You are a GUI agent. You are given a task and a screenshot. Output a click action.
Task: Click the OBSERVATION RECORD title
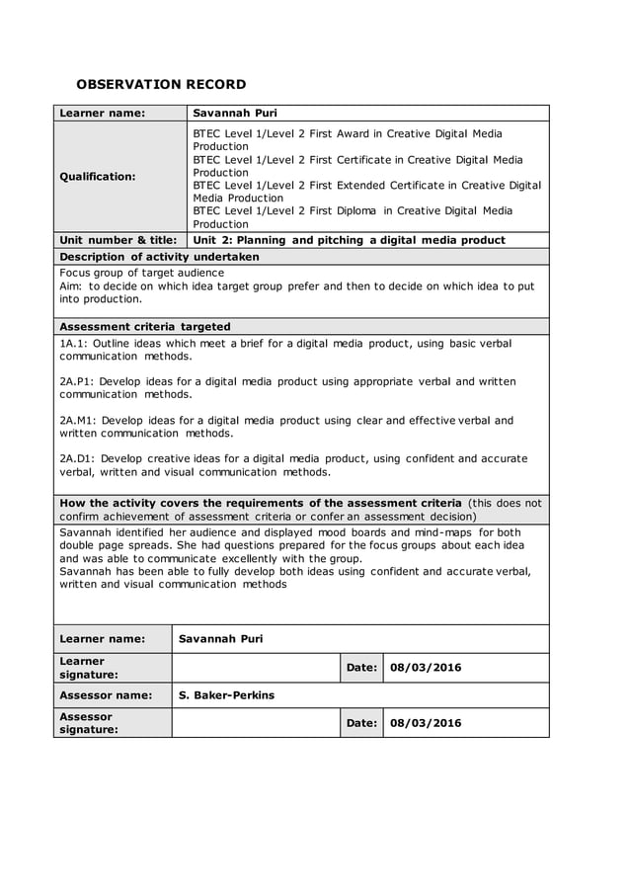161,84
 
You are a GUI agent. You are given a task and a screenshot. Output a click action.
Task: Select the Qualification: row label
98,177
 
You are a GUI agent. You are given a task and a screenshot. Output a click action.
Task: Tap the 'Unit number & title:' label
118,240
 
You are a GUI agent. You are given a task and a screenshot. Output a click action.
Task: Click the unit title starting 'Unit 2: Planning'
349,240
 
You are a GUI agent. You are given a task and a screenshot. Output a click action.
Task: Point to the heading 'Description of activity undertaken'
159,257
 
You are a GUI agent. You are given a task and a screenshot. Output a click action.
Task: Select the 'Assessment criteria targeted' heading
145,326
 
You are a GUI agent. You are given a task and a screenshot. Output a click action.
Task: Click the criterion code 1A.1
75,343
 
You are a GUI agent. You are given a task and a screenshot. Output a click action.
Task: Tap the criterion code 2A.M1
79,420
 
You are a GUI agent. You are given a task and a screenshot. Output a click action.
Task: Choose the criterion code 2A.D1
79,458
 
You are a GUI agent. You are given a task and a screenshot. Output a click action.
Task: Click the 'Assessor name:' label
106,695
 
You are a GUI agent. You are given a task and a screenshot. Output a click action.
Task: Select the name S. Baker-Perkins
226,695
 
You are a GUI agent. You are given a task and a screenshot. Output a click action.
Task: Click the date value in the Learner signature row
426,668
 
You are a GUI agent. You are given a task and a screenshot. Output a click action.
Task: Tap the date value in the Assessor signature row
426,723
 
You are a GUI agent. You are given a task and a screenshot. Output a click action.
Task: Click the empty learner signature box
256,668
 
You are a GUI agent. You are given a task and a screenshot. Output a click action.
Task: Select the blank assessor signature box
256,723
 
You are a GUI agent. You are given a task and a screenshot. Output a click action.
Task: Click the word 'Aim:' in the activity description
72,285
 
